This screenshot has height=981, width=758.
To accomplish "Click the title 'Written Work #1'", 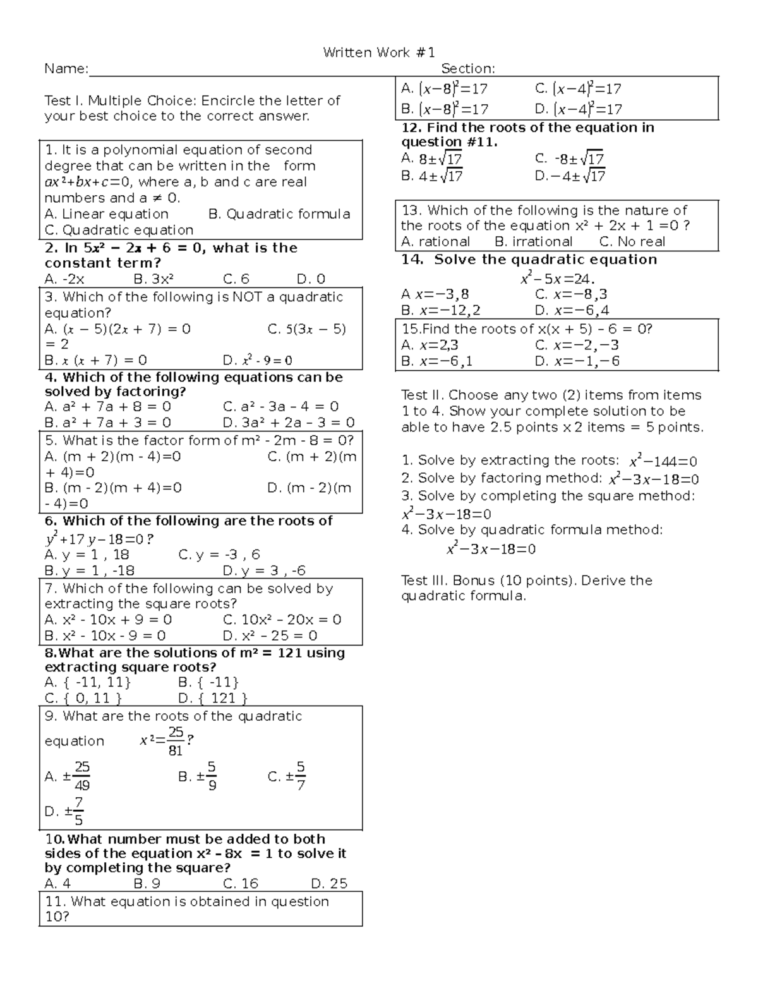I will [378, 52].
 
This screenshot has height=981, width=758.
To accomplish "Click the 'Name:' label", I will [66, 68].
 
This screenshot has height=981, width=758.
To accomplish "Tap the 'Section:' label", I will [467, 68].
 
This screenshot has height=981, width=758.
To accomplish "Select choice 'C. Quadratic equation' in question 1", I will [119, 230].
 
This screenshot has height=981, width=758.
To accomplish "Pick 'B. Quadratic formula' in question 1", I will [279, 214].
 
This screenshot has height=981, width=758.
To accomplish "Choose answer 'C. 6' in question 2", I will [236, 279].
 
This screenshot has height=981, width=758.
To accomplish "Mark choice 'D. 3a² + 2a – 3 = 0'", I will [289, 423].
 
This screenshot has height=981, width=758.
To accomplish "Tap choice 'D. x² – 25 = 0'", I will [270, 635].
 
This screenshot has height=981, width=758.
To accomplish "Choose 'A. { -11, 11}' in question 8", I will [88, 682].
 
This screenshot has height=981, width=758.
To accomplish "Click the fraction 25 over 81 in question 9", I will [176, 741].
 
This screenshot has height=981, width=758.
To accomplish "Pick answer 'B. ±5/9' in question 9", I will [198, 777].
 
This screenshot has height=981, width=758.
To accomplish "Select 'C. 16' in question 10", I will [241, 883].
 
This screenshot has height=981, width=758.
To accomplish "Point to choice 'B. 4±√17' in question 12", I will [432, 176].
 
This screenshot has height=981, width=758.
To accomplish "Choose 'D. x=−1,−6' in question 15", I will [577, 361].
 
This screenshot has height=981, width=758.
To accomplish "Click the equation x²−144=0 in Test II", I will [663, 462].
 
